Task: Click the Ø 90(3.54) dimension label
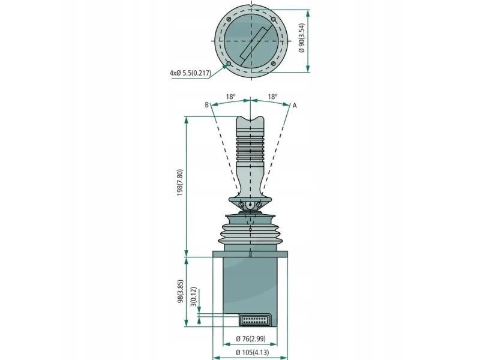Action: pos(302,38)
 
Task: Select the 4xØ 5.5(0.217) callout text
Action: pos(190,73)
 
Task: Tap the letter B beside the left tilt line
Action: pos(206,105)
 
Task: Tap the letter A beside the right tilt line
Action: pos(295,106)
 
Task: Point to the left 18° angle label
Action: pos(231,97)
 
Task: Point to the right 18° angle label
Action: pos(272,97)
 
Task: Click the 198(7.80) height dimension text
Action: pos(179,182)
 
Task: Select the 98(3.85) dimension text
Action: pos(181,291)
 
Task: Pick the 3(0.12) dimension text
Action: pos(193,296)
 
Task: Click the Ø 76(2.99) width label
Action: pos(251,338)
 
